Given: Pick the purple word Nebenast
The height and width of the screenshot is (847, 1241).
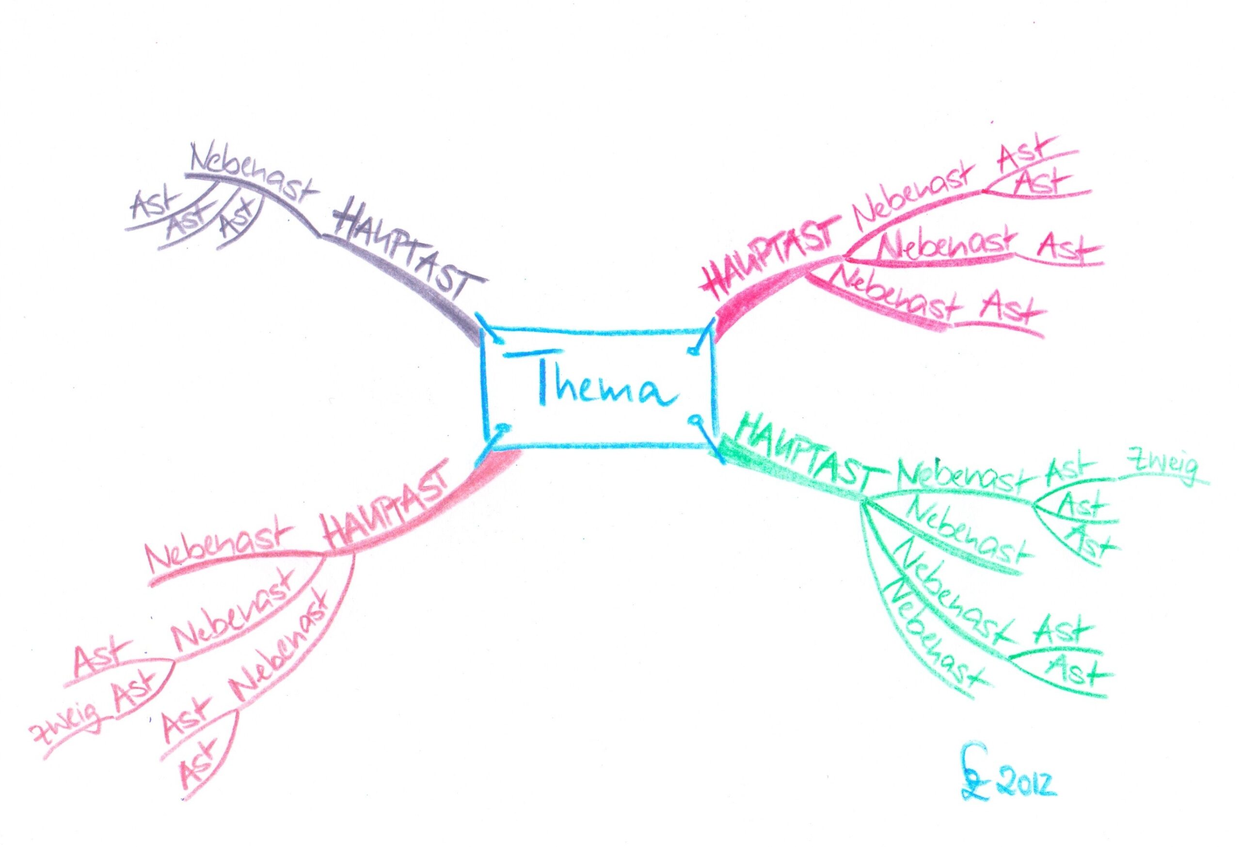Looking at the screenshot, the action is pyautogui.click(x=254, y=174).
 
